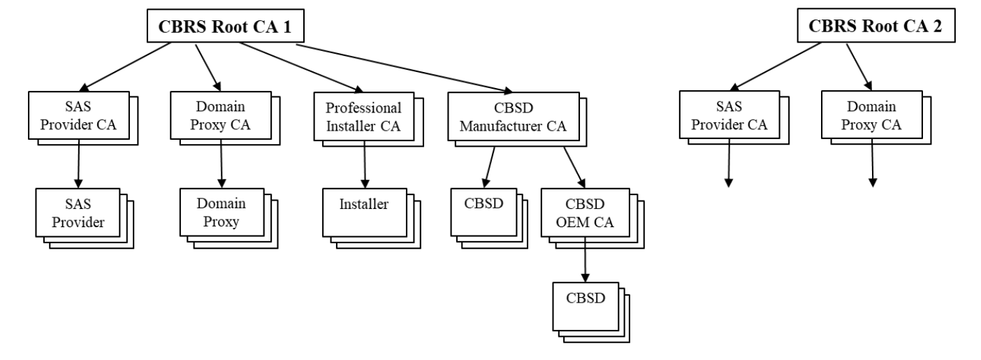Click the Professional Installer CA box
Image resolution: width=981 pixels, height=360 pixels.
[364, 115]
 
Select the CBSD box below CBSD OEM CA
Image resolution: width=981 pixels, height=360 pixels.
[586, 305]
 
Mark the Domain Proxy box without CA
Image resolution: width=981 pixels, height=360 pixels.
[221, 213]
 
